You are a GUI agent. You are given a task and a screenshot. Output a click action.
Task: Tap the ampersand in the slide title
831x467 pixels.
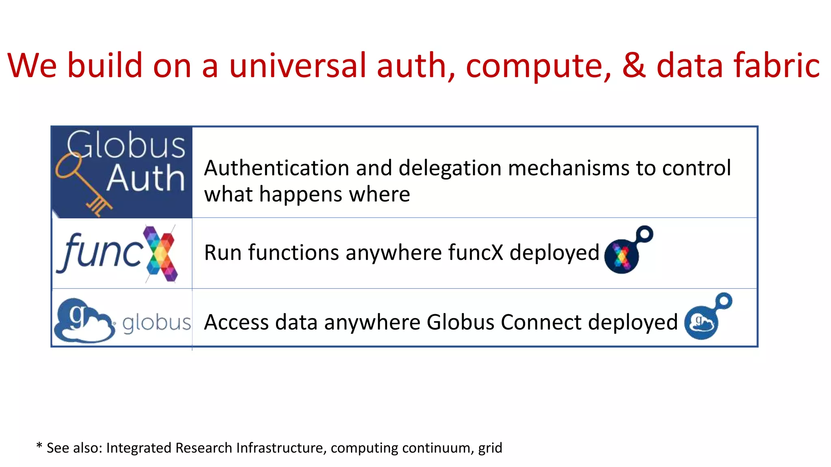tap(634, 66)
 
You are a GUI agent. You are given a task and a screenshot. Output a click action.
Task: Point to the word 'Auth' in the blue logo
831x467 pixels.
tap(145, 178)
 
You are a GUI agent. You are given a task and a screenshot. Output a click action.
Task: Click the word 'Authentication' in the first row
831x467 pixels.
tap(276, 168)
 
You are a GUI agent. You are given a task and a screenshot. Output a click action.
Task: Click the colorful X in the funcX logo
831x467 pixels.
tap(161, 254)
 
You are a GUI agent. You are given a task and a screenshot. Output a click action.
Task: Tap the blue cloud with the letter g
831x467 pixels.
tap(83, 321)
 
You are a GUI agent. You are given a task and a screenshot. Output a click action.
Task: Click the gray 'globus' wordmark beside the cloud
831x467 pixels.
tap(156, 323)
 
